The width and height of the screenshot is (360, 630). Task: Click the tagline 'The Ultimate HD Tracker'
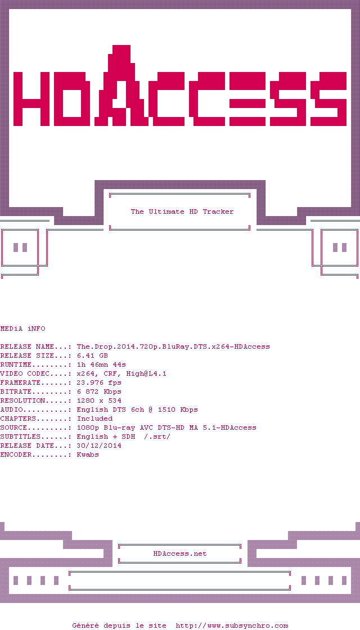tap(182, 211)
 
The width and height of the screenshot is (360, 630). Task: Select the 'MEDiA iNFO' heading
tap(22, 328)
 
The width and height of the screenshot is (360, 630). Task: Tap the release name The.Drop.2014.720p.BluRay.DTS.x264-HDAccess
tap(173, 346)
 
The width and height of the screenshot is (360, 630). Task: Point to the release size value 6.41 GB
tap(92, 355)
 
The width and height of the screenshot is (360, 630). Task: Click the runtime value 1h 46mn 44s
tap(101, 364)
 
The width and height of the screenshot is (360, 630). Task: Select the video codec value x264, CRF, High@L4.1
tap(121, 373)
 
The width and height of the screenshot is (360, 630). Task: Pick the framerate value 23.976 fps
tap(99, 382)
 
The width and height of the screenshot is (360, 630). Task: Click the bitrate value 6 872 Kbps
tap(99, 391)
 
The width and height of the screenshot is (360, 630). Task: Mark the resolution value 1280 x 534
tap(99, 400)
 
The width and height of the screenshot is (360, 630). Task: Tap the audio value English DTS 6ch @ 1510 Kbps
tap(137, 409)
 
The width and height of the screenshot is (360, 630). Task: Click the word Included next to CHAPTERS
tap(94, 418)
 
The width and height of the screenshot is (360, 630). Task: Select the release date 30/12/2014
tap(99, 445)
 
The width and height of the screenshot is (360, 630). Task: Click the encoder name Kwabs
tap(88, 454)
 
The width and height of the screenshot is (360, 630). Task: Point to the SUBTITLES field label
tap(20, 436)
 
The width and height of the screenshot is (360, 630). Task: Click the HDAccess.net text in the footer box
tap(180, 553)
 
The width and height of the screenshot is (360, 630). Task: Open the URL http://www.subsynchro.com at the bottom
tap(232, 625)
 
